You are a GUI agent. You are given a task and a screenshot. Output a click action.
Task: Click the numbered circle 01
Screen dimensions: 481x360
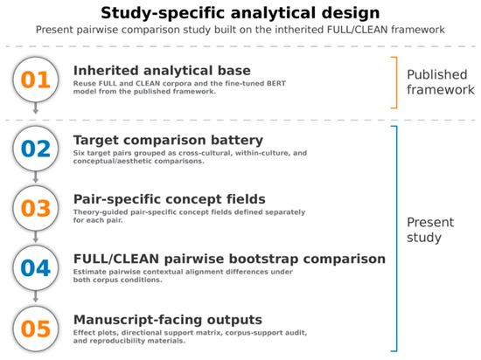click(x=36, y=80)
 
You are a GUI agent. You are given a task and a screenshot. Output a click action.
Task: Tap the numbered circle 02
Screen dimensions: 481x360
click(x=36, y=149)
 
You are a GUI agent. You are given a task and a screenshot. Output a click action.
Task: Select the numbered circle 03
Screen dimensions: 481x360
click(x=36, y=208)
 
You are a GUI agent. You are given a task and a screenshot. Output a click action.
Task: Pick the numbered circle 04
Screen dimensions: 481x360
click(x=36, y=268)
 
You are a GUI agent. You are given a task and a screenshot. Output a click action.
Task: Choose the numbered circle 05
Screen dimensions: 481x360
click(x=36, y=329)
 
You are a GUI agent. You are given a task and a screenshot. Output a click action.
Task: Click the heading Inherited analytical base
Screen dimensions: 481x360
click(x=162, y=71)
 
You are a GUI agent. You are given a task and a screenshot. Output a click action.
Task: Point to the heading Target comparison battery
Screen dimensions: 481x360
click(x=168, y=141)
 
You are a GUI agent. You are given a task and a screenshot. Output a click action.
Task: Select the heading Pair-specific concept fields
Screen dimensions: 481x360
click(x=170, y=199)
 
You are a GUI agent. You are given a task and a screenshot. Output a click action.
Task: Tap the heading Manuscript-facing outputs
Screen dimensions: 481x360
click(x=168, y=320)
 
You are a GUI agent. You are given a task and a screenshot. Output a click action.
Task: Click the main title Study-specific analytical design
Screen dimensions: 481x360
click(x=240, y=13)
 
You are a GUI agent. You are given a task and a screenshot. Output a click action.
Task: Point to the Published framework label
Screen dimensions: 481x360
click(x=441, y=82)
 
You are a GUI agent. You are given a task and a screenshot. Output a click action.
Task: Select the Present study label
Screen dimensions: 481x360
click(x=430, y=230)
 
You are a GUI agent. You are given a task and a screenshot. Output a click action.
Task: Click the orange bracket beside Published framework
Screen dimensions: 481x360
click(x=397, y=83)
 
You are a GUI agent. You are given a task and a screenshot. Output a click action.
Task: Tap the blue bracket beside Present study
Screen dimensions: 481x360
click(x=397, y=239)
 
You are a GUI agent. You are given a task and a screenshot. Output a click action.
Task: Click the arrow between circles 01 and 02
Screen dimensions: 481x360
click(x=36, y=108)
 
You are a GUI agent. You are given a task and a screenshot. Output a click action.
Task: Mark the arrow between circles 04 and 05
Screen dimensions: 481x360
click(x=36, y=296)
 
